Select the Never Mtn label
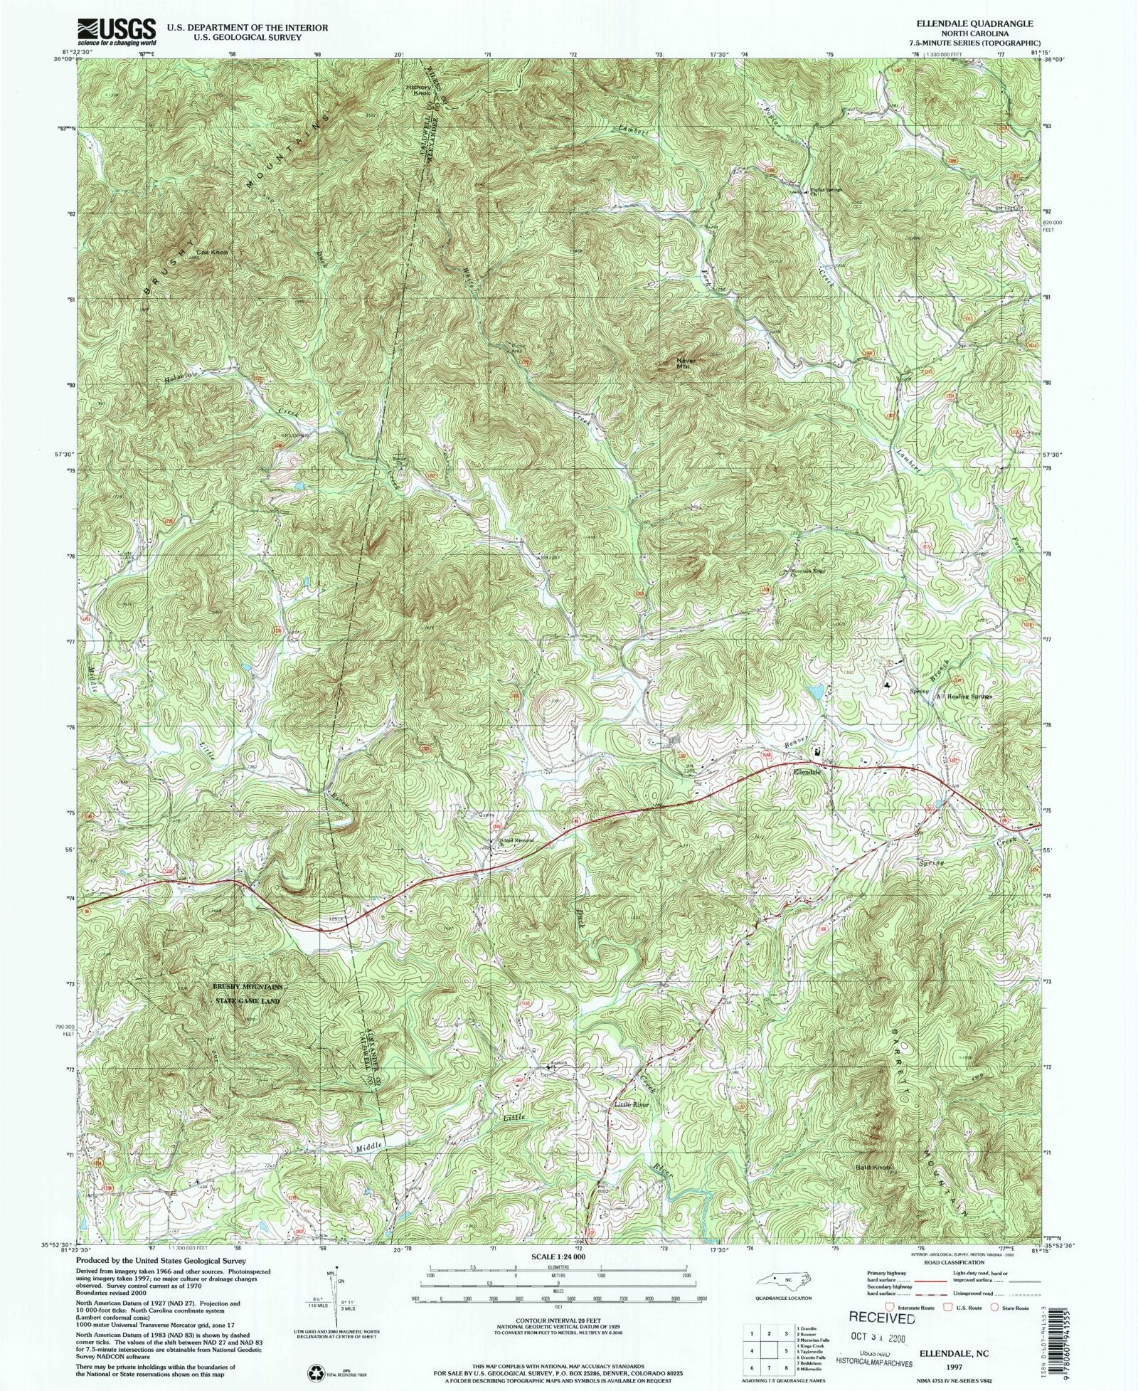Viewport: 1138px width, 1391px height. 686,363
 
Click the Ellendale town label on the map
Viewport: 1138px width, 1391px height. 807,772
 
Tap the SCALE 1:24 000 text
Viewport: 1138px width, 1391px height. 557,1257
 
